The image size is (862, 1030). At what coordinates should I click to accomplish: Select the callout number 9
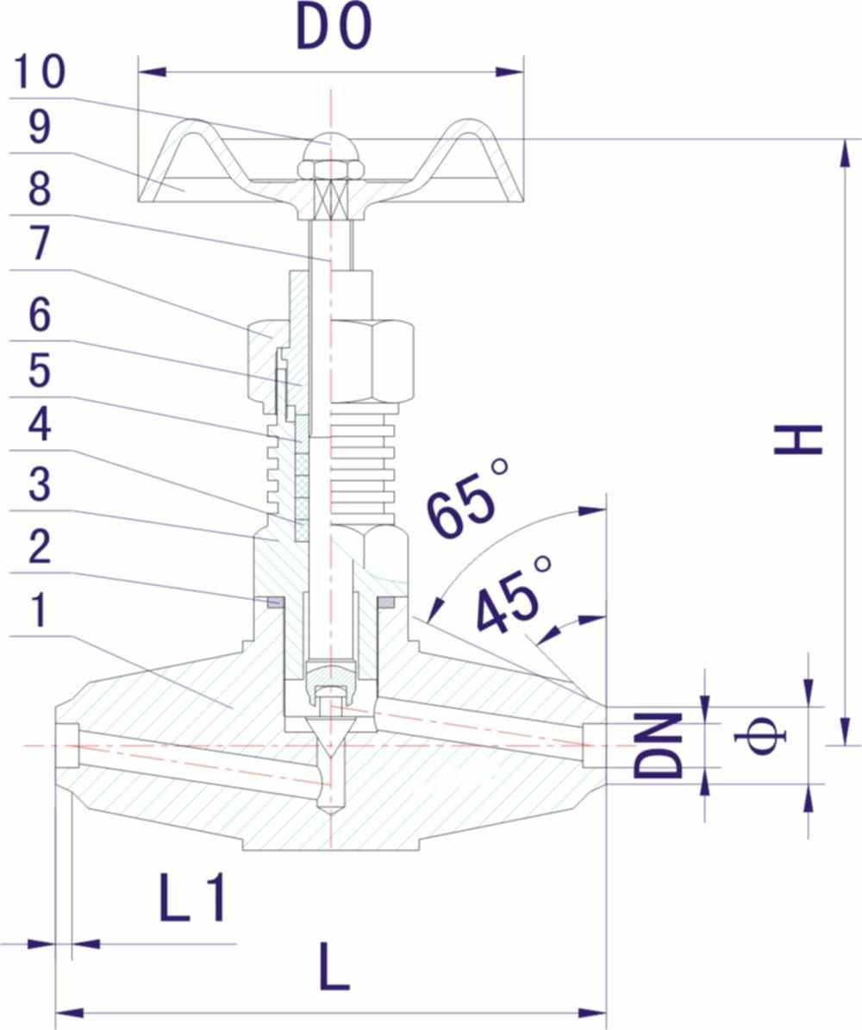(40, 128)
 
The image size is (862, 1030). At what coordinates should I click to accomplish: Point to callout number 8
(40, 189)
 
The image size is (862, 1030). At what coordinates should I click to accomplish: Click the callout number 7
(40, 243)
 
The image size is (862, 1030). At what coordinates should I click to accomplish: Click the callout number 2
(40, 546)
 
